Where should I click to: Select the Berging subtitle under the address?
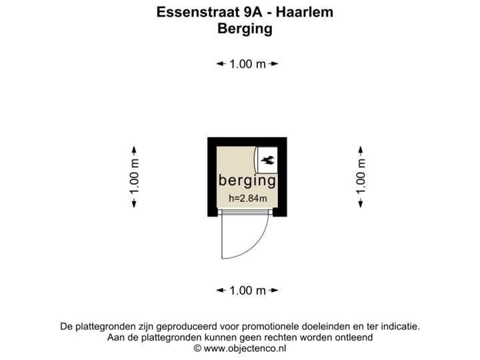click(x=246, y=29)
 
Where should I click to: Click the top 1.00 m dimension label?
click(x=247, y=64)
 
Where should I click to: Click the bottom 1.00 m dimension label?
click(x=247, y=291)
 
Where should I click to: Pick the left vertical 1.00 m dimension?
click(x=134, y=177)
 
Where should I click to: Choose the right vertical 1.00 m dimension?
click(x=360, y=177)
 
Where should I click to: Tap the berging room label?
click(x=247, y=181)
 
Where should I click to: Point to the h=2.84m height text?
click(x=247, y=198)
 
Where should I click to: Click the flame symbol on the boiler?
click(x=269, y=159)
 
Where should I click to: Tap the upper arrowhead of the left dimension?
click(x=134, y=150)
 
